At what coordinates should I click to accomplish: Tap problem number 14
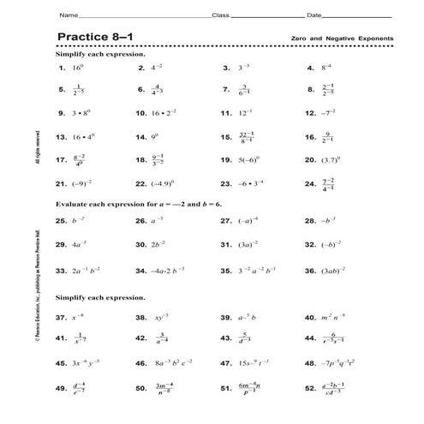pos(142,136)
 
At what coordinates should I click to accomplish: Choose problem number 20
pos(310,159)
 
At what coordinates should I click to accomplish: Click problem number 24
pos(310,182)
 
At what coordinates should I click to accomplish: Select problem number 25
pos(61,220)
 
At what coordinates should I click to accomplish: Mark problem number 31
pos(226,244)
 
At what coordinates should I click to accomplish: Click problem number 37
pos(61,317)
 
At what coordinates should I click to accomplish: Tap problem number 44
pos(310,339)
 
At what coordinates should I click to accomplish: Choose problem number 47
pos(226,363)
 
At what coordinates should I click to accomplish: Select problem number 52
pos(310,388)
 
